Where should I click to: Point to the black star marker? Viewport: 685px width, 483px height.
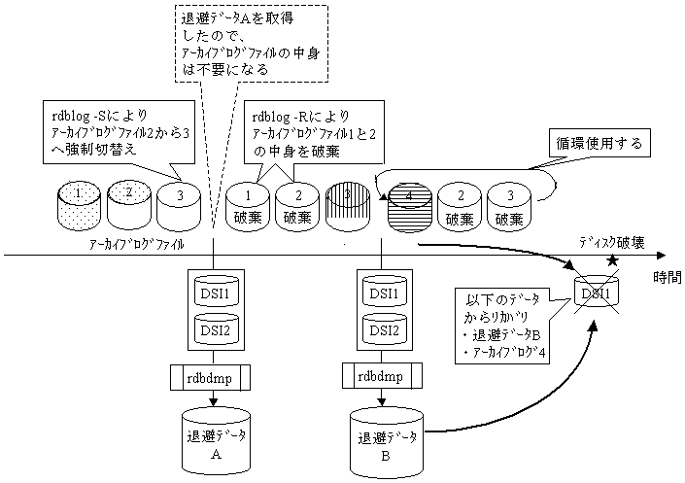612,260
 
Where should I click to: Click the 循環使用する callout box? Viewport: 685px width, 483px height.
594,144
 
